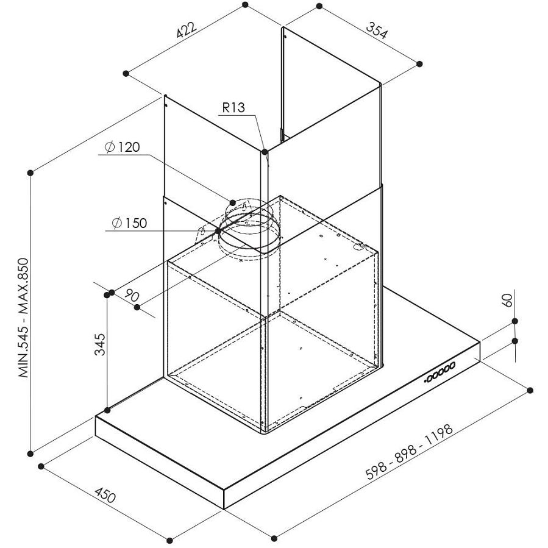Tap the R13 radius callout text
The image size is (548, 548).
pyautogui.click(x=233, y=109)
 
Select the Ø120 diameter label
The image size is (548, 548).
pyautogui.click(x=122, y=147)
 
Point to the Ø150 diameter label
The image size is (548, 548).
pyautogui.click(x=129, y=223)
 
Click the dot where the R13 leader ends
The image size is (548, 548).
pyautogui.click(x=264, y=151)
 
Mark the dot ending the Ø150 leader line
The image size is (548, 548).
pyautogui.click(x=218, y=232)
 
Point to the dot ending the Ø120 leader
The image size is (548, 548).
pyautogui.click(x=233, y=201)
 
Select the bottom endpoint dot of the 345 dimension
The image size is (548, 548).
pyautogui.click(x=107, y=409)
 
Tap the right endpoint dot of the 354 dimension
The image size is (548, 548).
pyautogui.click(x=419, y=63)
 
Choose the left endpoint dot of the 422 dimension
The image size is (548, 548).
pyautogui.click(x=126, y=73)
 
